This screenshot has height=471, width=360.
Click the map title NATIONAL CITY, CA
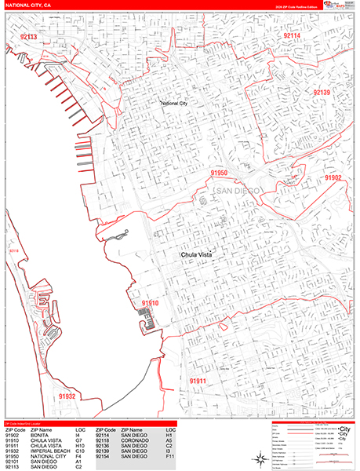27,5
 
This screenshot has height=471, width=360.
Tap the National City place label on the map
180,103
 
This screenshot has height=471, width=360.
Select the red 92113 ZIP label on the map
29,37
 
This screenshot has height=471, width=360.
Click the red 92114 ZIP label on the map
291,36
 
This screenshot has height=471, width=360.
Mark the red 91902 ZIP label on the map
333,178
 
